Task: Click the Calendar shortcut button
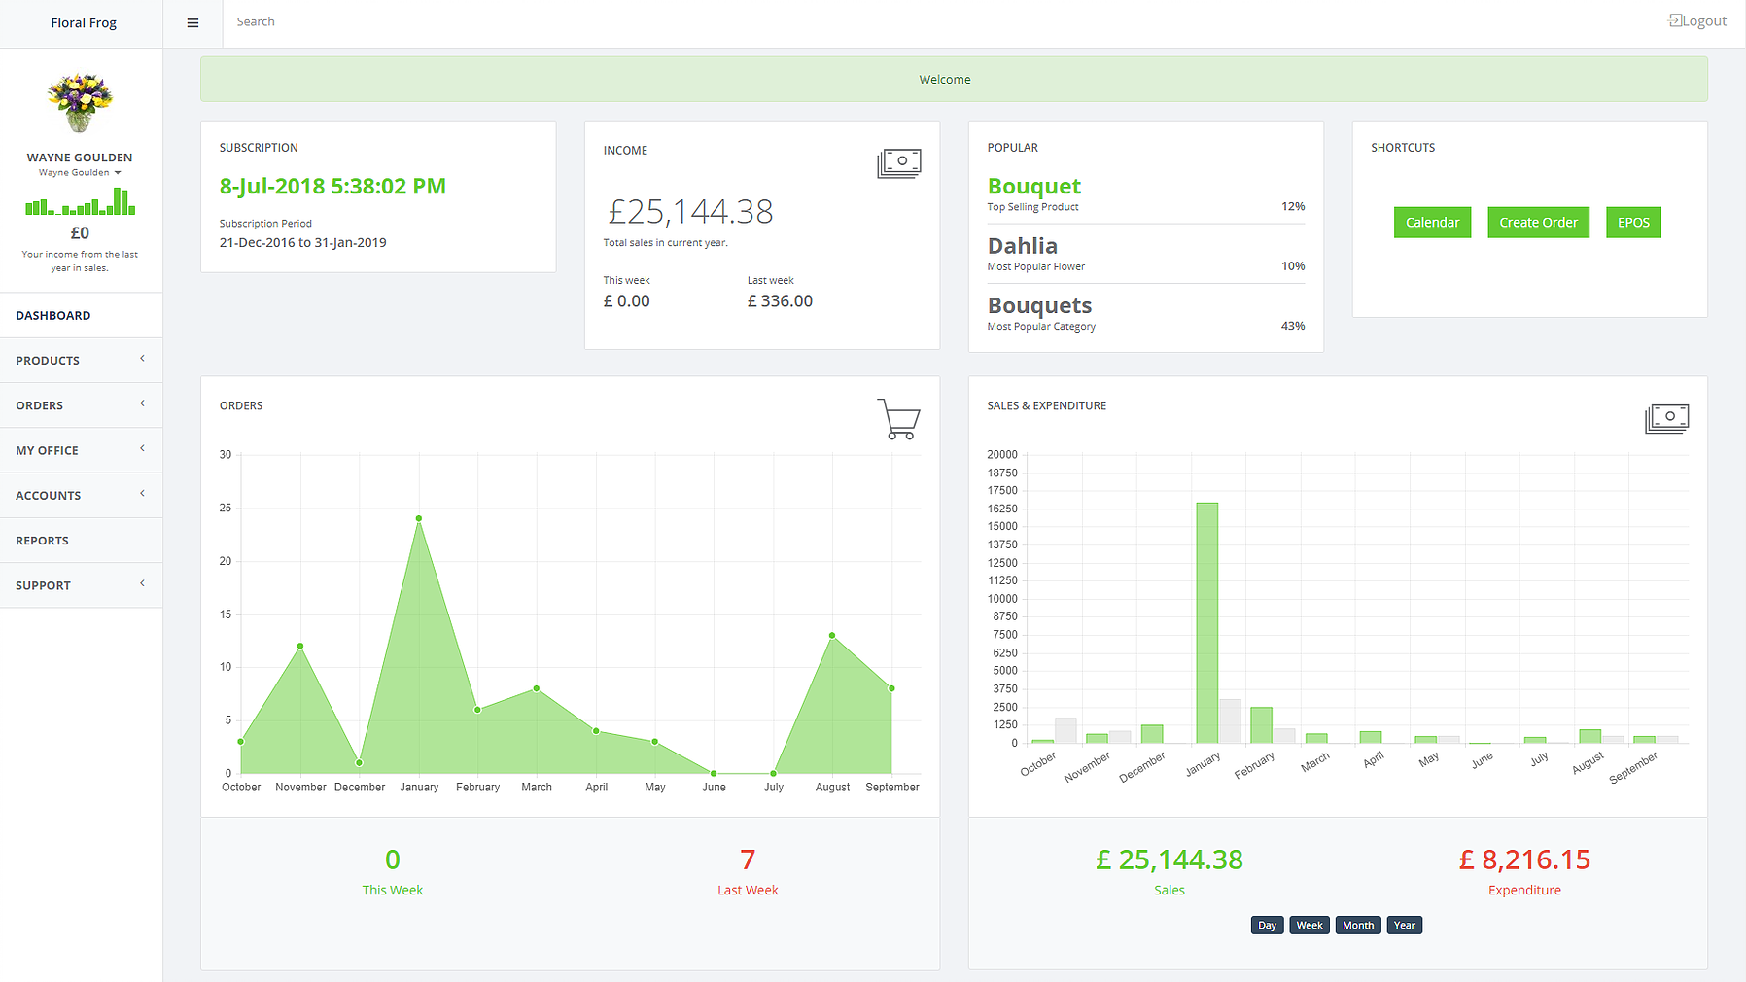tap(1432, 223)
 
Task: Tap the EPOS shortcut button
tap(1633, 223)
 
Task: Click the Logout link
tap(1698, 21)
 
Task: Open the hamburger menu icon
tap(192, 23)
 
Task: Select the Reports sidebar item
tap(43, 541)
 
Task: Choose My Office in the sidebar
tap(48, 450)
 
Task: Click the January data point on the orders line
tap(419, 518)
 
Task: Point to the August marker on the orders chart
tap(832, 636)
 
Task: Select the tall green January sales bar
tap(1206, 622)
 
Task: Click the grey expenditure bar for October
tap(1065, 731)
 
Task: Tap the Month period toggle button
tap(1357, 925)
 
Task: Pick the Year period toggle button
tap(1404, 925)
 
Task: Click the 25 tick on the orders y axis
tap(226, 508)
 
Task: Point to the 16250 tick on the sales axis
tap(1002, 509)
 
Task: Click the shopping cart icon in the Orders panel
tap(898, 419)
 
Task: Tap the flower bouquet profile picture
tap(80, 102)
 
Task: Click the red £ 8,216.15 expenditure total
tap(1523, 859)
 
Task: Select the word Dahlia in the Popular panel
tap(1023, 246)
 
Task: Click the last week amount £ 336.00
tap(780, 301)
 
